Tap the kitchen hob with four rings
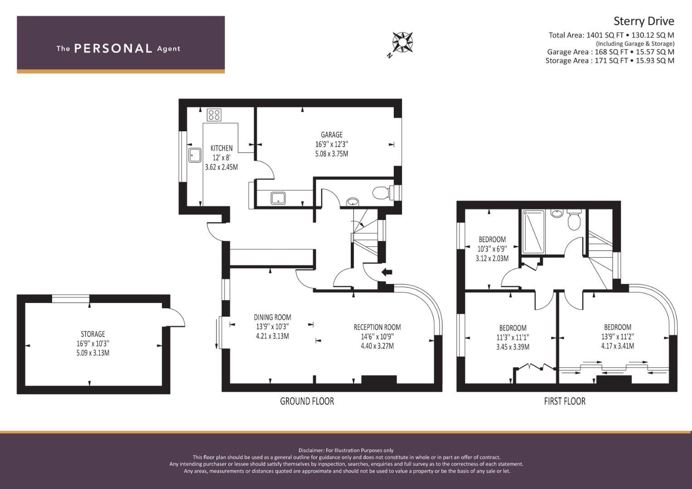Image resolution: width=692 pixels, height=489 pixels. (x=214, y=115)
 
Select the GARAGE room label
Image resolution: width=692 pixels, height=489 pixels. (x=331, y=134)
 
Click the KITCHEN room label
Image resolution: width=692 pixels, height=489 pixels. (x=221, y=148)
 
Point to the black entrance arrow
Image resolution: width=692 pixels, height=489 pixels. (x=387, y=272)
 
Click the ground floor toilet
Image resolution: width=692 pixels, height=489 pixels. (x=383, y=192)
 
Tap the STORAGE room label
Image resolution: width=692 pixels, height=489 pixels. (x=93, y=334)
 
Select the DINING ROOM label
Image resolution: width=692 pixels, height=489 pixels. (x=272, y=317)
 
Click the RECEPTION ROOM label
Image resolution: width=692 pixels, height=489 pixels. (x=377, y=327)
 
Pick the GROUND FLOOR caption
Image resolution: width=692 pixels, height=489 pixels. (x=307, y=401)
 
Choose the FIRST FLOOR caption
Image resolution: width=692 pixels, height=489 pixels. (x=565, y=401)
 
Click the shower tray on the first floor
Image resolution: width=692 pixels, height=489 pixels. (x=533, y=232)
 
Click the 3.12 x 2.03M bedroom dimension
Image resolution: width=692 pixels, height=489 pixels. (x=492, y=259)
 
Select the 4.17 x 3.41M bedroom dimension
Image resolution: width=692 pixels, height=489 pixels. (x=618, y=346)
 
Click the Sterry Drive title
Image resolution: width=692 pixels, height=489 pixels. (x=644, y=21)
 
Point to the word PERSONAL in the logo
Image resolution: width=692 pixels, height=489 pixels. (x=113, y=48)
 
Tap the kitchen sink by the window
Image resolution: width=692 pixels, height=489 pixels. (x=194, y=155)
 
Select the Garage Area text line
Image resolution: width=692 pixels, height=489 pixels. (x=610, y=52)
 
